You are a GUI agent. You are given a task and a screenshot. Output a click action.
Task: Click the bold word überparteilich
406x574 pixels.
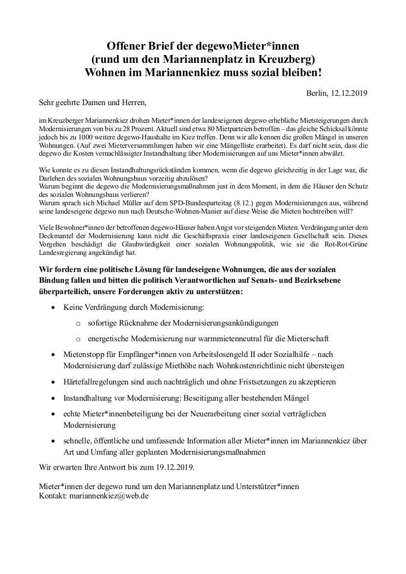(64, 291)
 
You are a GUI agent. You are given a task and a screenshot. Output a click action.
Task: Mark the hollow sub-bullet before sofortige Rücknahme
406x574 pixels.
(78, 324)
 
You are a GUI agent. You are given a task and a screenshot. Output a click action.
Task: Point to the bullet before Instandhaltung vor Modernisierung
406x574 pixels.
(54, 398)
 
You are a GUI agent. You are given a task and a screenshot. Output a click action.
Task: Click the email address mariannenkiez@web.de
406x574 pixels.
(110, 495)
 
